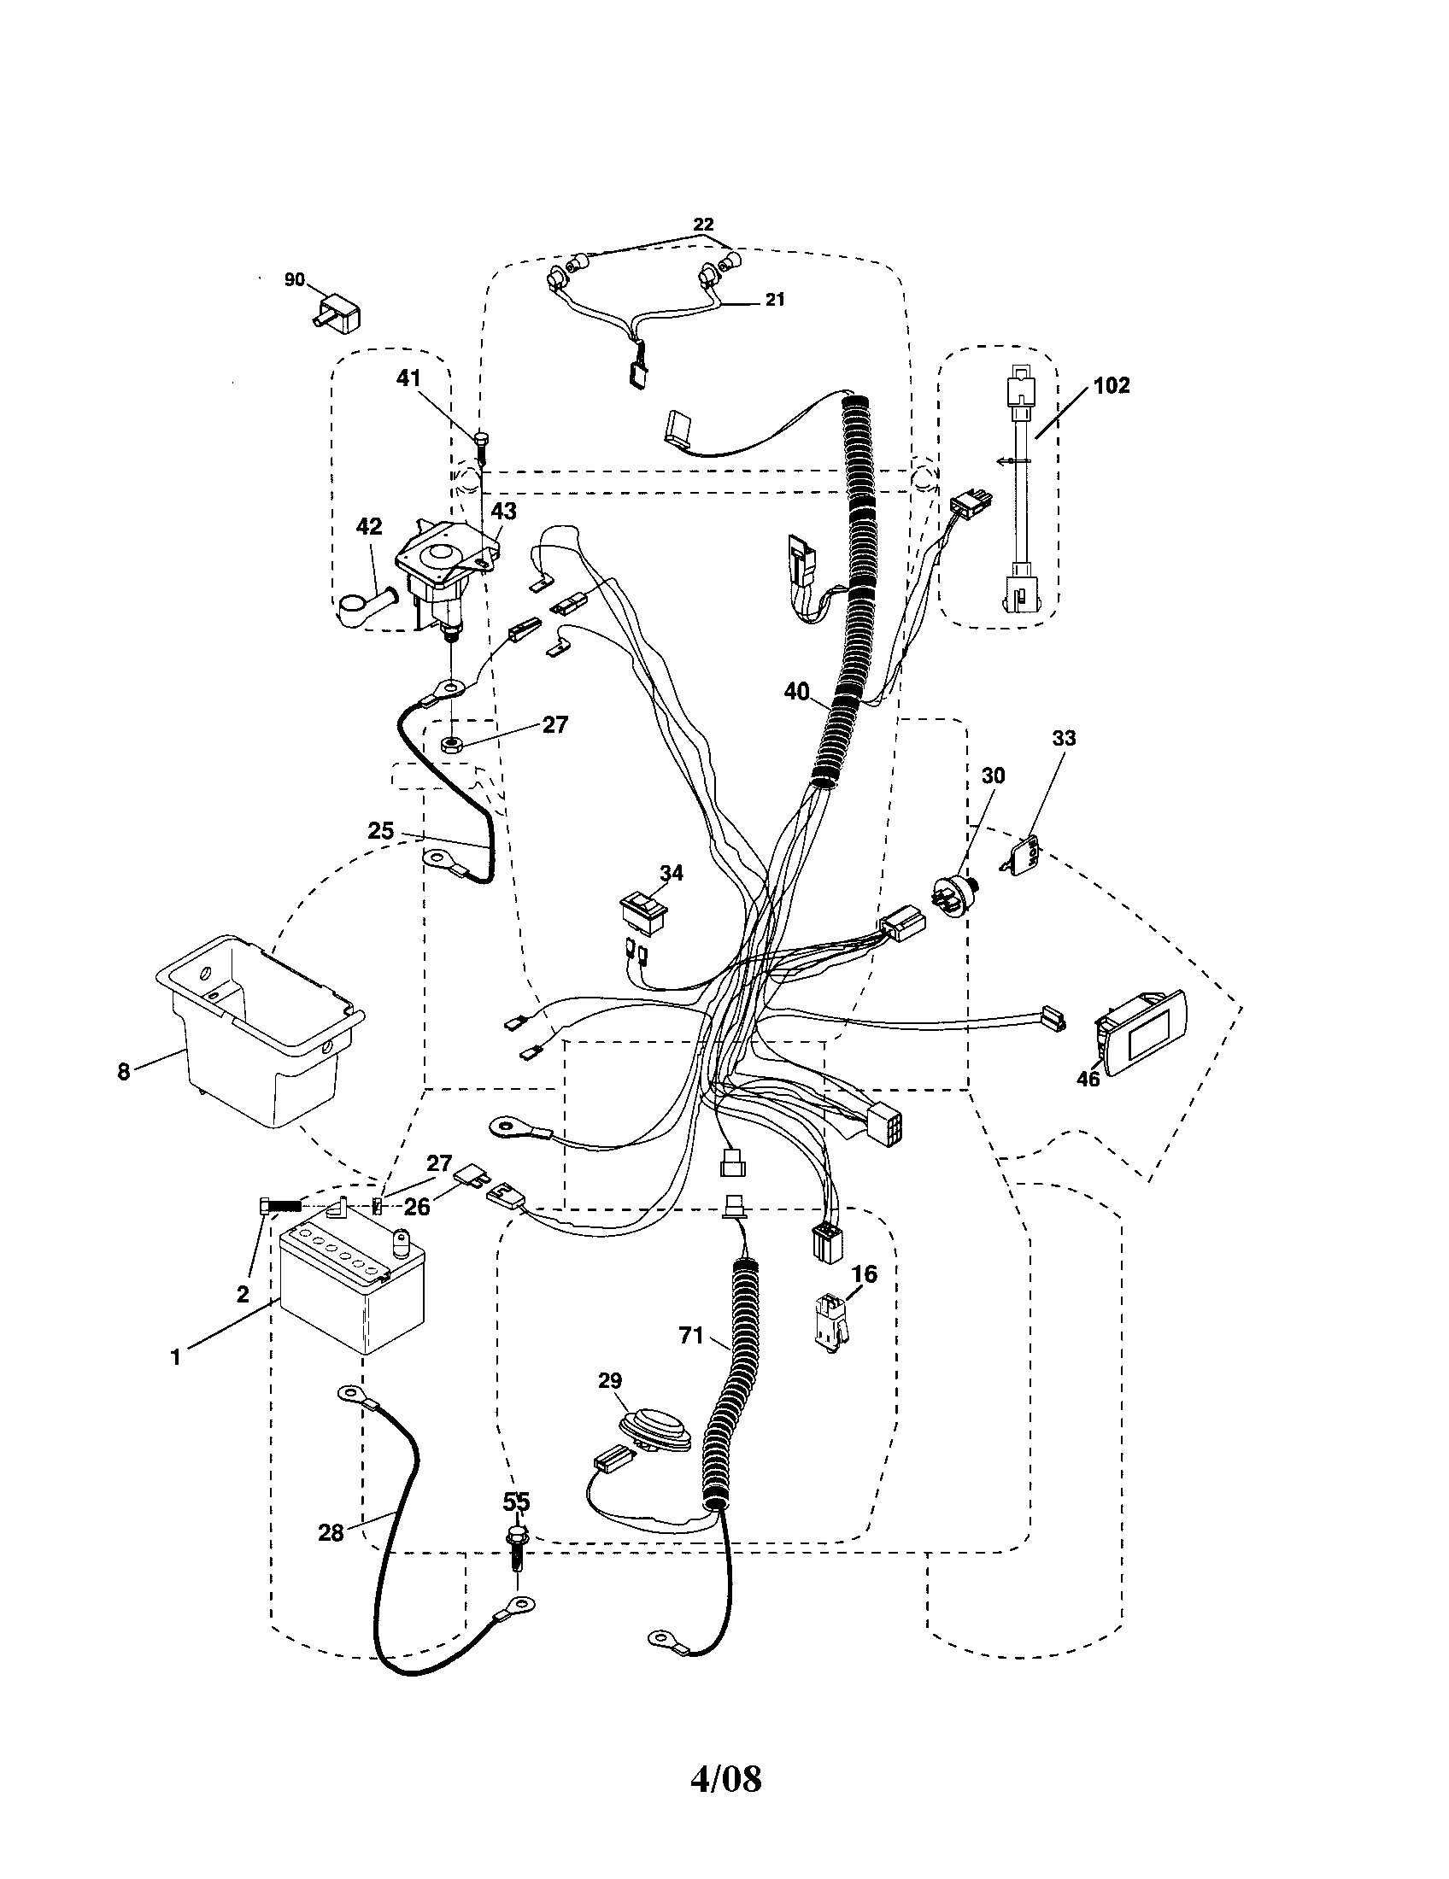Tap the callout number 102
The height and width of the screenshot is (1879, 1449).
(x=1111, y=385)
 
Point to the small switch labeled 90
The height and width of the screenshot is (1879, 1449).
(x=336, y=313)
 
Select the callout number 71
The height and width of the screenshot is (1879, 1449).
(x=691, y=1335)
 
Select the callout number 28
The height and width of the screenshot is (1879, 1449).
(x=331, y=1532)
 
